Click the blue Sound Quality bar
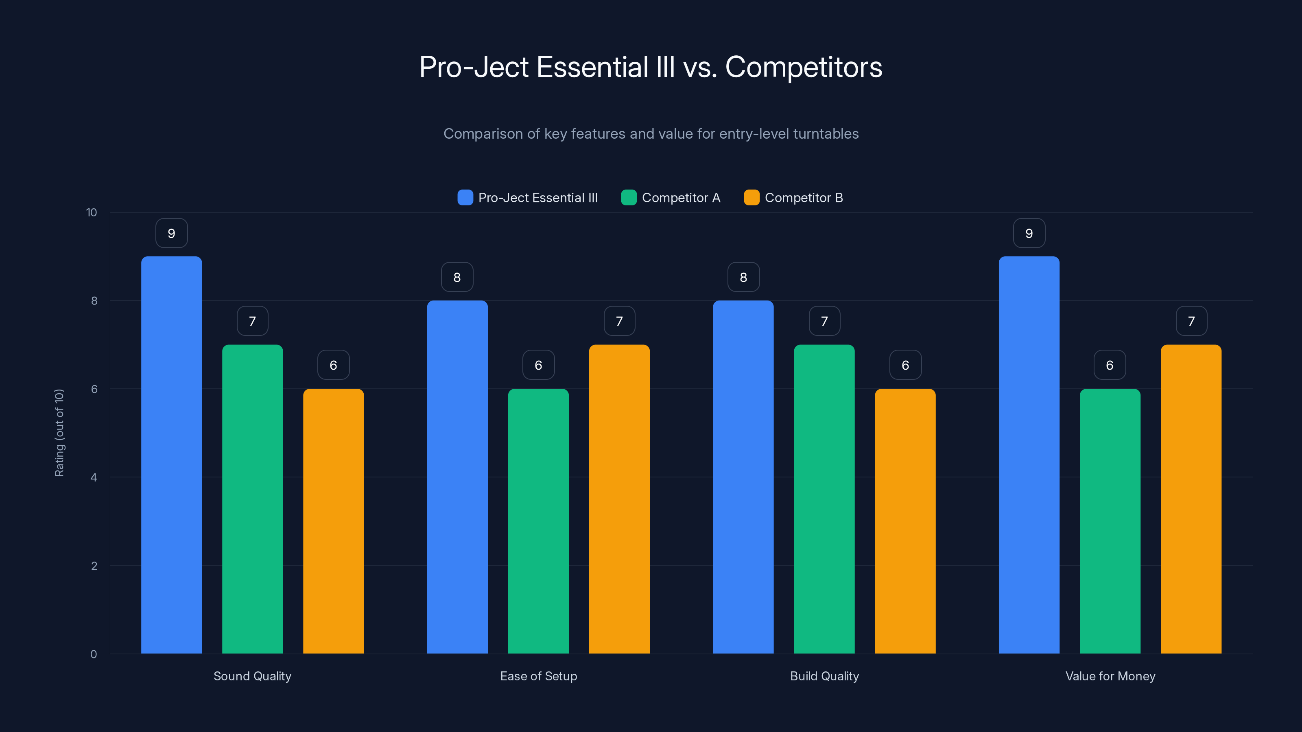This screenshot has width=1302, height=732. [171, 455]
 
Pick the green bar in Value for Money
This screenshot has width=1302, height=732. [1110, 521]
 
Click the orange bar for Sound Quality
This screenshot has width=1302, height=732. [333, 521]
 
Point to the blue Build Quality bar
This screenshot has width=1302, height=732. [743, 477]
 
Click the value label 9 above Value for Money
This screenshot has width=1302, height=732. [1029, 233]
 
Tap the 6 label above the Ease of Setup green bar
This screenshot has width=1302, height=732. [538, 365]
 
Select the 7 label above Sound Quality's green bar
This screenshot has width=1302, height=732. [252, 321]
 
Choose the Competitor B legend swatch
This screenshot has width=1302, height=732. [751, 198]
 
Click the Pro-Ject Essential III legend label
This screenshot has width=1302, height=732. [538, 198]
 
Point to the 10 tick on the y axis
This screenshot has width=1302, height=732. [92, 212]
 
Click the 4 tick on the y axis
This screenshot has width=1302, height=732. [94, 477]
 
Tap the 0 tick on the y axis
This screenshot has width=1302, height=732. [94, 654]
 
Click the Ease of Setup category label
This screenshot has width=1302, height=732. [538, 676]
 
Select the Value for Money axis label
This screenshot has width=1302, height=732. [1110, 676]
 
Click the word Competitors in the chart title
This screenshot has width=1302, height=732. [803, 67]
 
